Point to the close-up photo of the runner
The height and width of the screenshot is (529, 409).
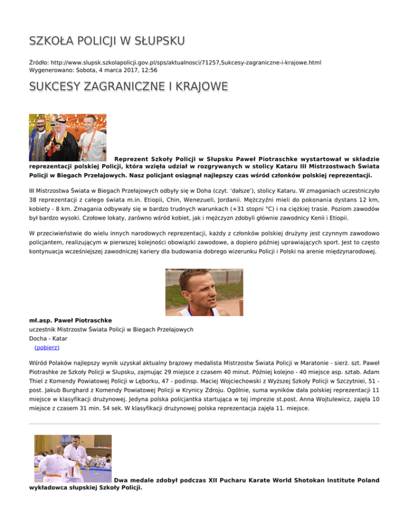(204, 292)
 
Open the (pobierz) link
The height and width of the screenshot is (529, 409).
(46, 347)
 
